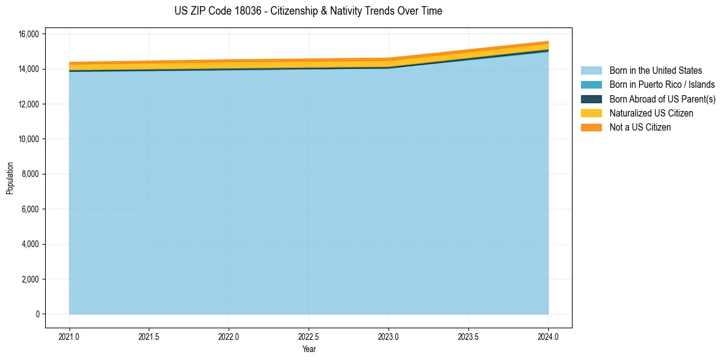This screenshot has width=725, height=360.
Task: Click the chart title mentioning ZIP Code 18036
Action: click(x=309, y=11)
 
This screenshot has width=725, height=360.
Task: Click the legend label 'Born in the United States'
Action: click(x=655, y=71)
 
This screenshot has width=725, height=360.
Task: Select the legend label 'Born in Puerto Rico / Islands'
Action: click(x=662, y=85)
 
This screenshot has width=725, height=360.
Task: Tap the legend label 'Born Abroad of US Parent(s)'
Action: click(x=662, y=99)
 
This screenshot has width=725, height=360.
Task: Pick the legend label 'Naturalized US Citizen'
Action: click(x=651, y=113)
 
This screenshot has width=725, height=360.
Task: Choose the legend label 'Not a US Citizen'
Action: click(x=640, y=128)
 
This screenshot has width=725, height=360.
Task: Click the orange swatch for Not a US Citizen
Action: click(x=591, y=128)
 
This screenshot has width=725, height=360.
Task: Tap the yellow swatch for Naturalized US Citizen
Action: click(x=591, y=113)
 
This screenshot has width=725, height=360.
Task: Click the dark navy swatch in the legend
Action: click(x=591, y=99)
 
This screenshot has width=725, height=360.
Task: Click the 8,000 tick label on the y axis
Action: click(x=29, y=175)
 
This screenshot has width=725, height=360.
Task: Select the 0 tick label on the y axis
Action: click(x=37, y=314)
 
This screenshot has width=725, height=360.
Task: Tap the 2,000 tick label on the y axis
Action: click(x=29, y=279)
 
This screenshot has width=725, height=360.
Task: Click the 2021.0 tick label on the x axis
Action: click(x=69, y=337)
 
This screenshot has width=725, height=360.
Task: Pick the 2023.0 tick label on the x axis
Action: click(x=388, y=337)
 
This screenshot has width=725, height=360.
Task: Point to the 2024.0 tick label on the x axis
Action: click(x=548, y=337)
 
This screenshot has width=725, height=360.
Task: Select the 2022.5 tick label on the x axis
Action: click(x=309, y=337)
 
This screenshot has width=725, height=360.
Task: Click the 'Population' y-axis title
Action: click(x=10, y=178)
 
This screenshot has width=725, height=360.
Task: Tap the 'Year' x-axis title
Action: click(x=309, y=349)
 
